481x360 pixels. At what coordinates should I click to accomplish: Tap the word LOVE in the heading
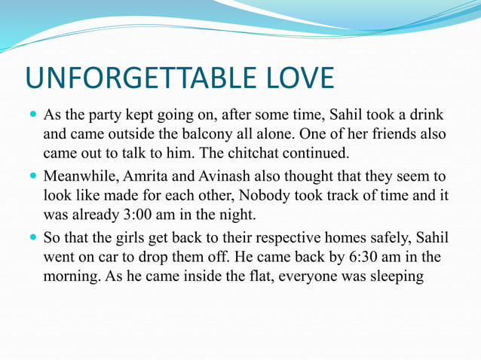point(296,78)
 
